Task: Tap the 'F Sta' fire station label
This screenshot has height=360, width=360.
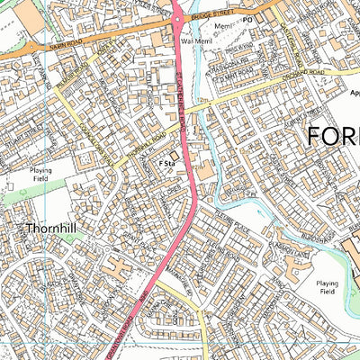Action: click(x=166, y=164)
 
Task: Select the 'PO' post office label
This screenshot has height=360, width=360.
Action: click(x=247, y=17)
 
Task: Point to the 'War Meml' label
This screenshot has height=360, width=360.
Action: click(x=196, y=40)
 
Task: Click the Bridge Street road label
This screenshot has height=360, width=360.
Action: click(x=216, y=15)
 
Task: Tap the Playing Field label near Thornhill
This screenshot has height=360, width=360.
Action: click(x=40, y=174)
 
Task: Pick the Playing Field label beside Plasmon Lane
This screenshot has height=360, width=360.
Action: click(x=328, y=288)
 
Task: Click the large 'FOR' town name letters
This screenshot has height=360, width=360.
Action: click(x=333, y=137)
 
